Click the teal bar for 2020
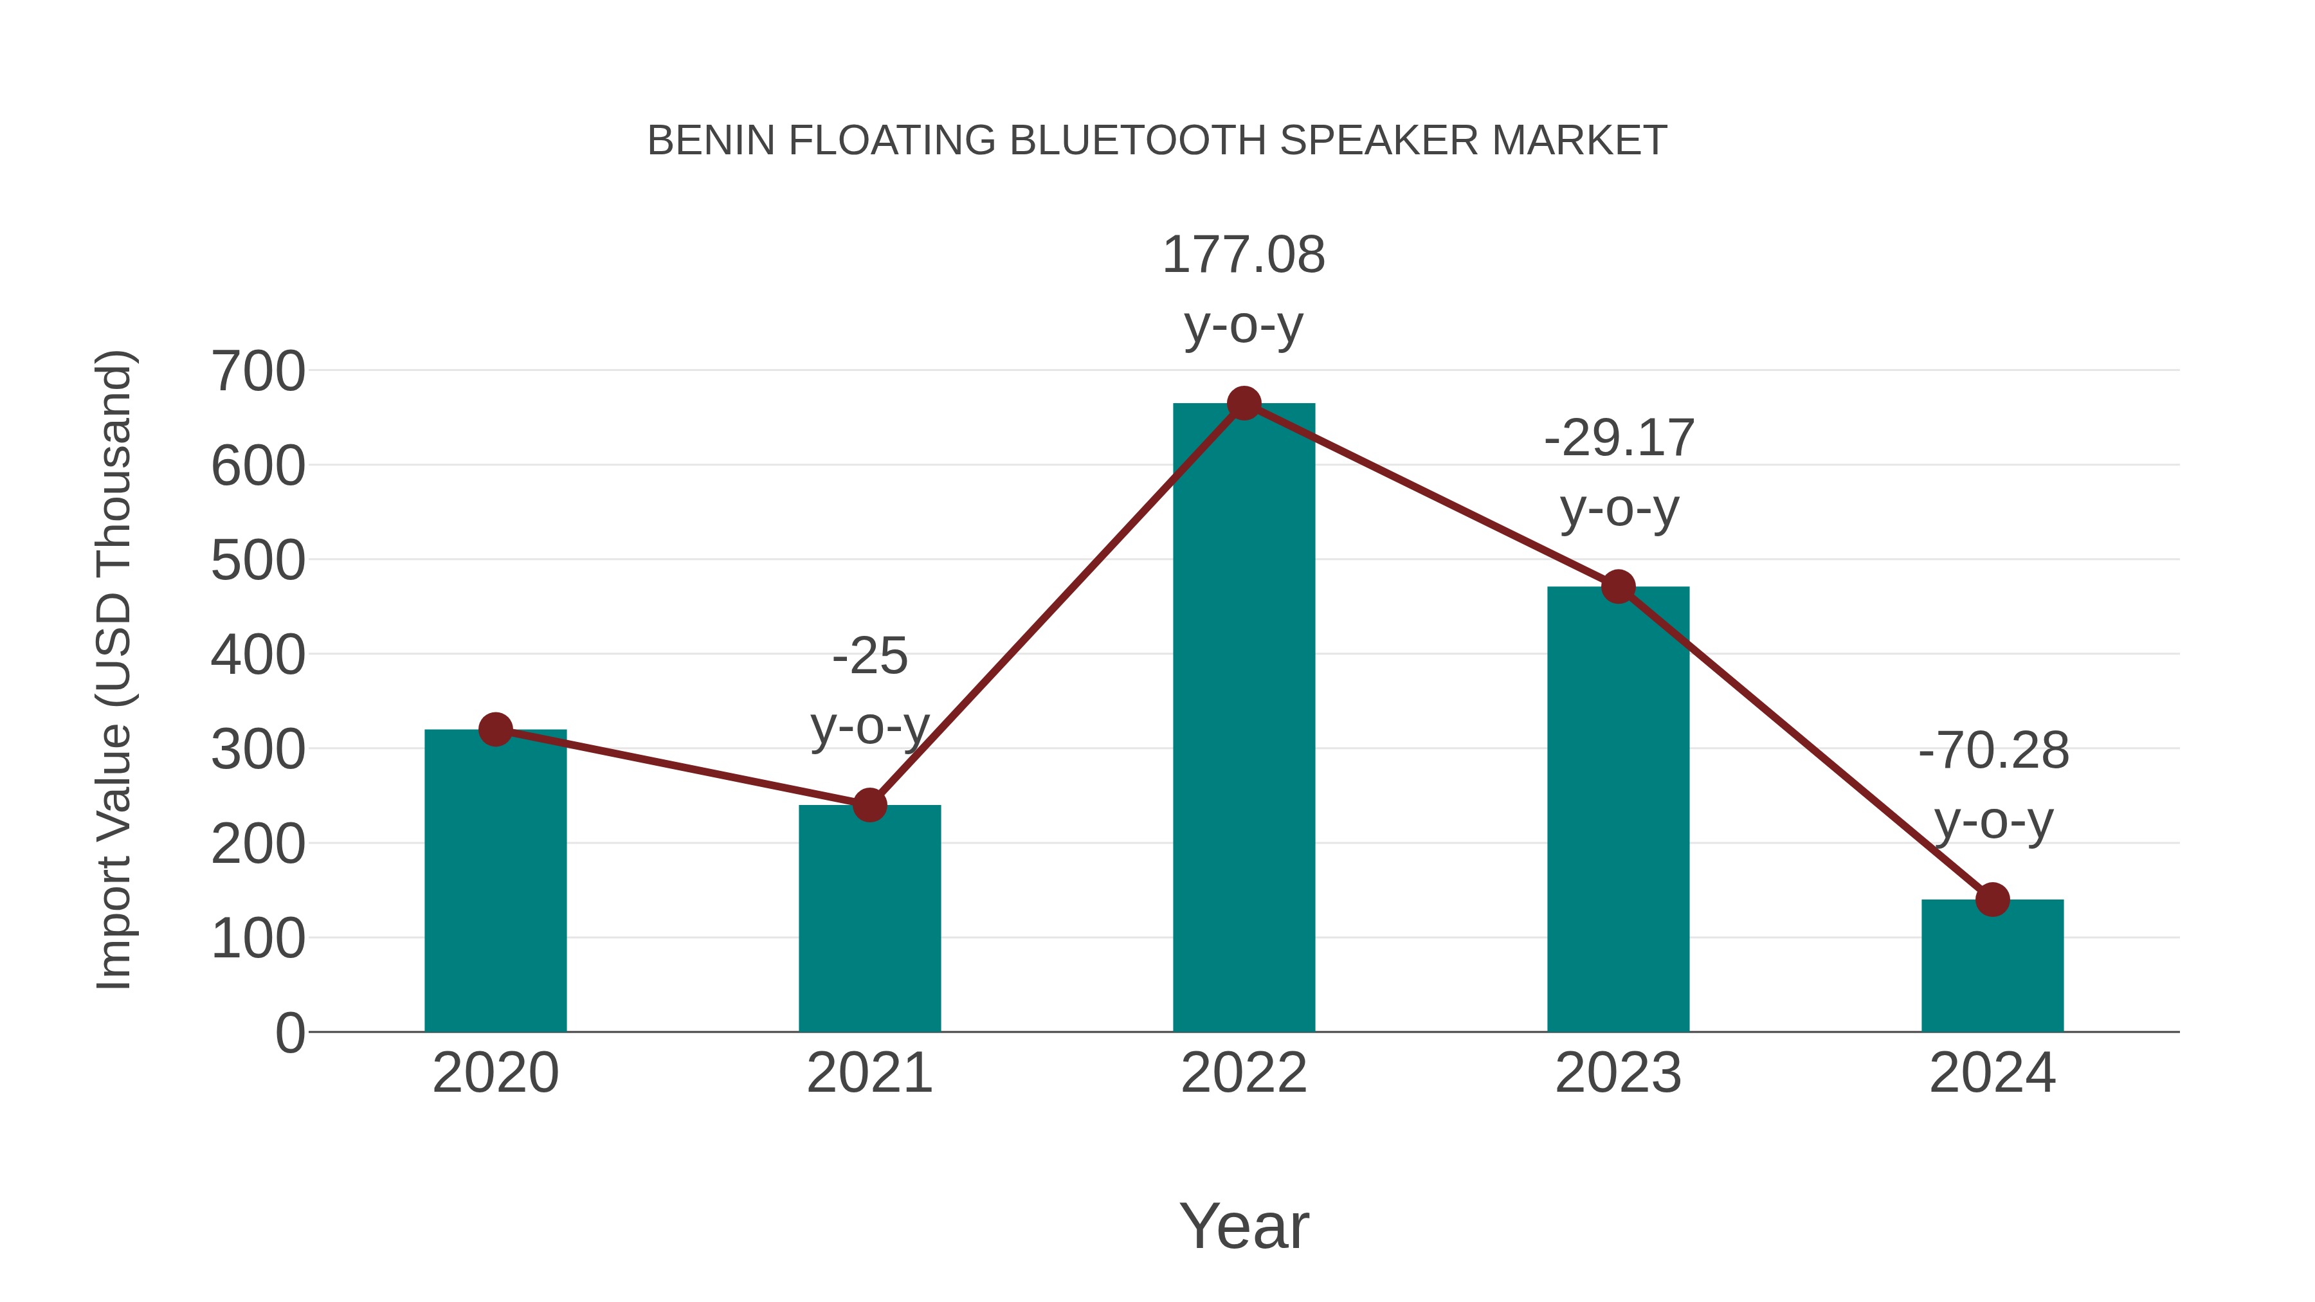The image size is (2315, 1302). [495, 881]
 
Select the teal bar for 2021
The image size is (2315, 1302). [869, 918]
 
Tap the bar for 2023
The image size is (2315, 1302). [1618, 809]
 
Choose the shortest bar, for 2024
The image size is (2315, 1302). [1992, 965]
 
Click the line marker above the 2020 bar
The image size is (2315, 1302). [495, 730]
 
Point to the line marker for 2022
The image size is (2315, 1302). [1244, 403]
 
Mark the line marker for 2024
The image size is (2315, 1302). [1992, 900]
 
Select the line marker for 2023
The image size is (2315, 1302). [1618, 587]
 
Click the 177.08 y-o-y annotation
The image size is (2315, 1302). [1244, 289]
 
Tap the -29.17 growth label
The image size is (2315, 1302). [1619, 473]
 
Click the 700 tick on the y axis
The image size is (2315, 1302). [258, 371]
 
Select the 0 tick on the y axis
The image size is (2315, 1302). [289, 1033]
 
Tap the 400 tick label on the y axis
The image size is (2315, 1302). [258, 655]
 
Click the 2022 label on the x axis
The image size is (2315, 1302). [1244, 1073]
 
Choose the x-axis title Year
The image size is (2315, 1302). [1244, 1225]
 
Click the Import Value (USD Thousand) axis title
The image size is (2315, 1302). [115, 669]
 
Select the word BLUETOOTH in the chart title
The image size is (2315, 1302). [1137, 141]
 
